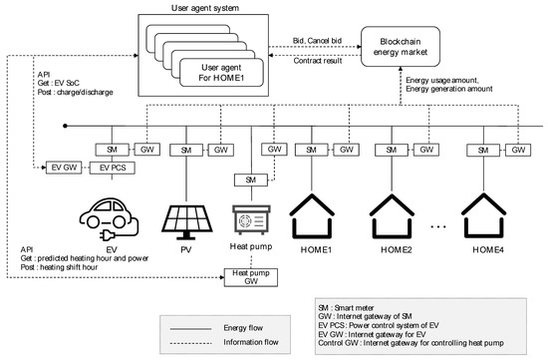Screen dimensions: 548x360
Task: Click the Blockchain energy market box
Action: point(401,47)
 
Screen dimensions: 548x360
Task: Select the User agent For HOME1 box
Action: point(221,73)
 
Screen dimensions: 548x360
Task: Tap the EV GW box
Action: point(64,168)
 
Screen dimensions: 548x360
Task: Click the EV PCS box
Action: point(113,168)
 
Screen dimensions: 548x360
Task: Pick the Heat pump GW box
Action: point(251,277)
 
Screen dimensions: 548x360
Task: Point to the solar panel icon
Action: point(186,222)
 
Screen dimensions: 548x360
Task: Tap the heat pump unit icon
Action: point(251,220)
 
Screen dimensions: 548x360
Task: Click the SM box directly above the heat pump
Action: point(251,180)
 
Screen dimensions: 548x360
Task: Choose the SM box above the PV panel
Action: point(186,151)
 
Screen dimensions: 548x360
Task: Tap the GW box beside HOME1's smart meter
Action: point(346,150)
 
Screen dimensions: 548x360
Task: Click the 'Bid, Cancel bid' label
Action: point(317,41)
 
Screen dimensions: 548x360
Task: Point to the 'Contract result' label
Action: point(318,61)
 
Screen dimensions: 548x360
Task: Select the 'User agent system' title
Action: point(205,8)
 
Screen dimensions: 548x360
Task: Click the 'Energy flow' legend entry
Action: point(243,328)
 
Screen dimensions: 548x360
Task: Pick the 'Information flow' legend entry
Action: point(251,342)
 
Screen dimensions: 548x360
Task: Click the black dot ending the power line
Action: point(65,126)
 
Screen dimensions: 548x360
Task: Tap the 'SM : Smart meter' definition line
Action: point(346,308)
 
